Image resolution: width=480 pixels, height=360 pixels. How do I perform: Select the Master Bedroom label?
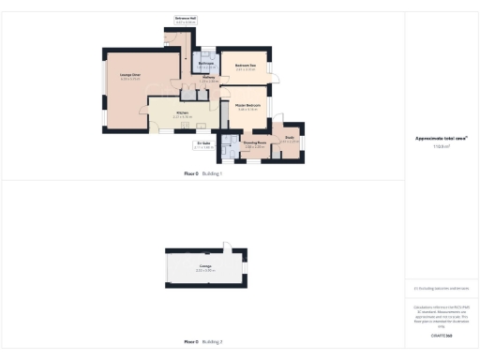tap(247, 106)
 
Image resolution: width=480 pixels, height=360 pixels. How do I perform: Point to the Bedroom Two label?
tap(246, 65)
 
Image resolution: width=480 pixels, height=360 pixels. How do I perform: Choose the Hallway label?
tap(209, 79)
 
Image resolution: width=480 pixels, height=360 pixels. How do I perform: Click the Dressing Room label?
tap(255, 142)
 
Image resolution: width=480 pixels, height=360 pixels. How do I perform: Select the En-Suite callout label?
tap(203, 143)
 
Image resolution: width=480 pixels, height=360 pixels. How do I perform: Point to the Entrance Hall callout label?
tap(187, 18)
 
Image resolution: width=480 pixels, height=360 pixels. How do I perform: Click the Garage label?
tap(204, 266)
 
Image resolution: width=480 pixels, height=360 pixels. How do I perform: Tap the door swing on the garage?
tap(225, 248)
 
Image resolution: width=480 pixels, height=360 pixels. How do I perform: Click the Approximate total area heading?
tap(442, 139)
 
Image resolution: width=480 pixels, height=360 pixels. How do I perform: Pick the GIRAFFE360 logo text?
tap(442, 335)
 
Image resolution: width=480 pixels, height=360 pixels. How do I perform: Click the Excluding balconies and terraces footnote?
tap(442, 289)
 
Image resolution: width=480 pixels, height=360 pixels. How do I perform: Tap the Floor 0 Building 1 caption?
tap(202, 173)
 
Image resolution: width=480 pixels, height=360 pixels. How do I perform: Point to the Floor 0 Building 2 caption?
tap(202, 342)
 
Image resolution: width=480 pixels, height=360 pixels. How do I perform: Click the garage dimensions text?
tap(204, 271)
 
